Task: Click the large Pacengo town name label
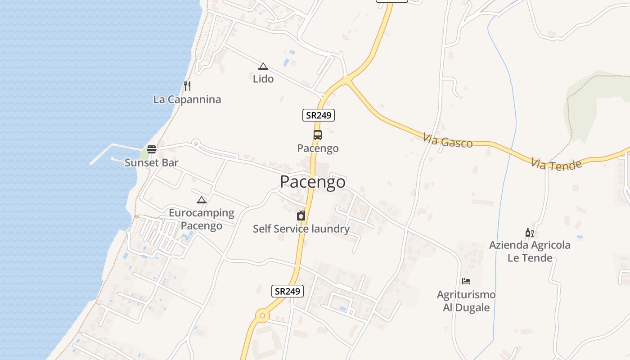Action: point(313,182)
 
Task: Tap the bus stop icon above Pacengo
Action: point(318,135)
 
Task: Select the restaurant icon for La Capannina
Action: point(187,85)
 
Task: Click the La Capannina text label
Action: point(187,99)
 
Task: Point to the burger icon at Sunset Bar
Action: point(152,149)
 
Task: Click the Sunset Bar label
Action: point(152,163)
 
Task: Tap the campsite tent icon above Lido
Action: point(263,66)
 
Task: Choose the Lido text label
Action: point(263,79)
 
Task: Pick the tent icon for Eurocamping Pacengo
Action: point(202,200)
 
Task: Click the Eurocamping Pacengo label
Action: point(202,219)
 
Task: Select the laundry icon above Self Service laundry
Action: point(301,216)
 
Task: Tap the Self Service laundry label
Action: point(301,229)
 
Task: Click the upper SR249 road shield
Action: point(319,115)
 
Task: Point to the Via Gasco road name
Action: point(448,141)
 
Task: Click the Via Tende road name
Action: point(556,164)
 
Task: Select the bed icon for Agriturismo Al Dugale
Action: point(466,281)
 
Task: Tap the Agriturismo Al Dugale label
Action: point(466,301)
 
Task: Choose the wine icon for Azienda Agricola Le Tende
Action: point(530,233)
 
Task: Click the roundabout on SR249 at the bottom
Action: point(262,316)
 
